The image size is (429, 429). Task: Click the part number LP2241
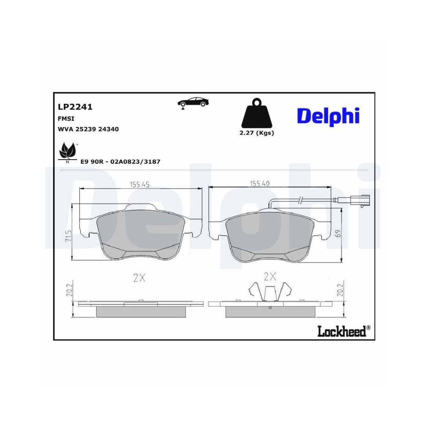coord(75,107)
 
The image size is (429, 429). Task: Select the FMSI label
coord(65,118)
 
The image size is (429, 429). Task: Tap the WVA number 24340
coord(108,129)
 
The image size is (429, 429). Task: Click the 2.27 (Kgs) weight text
coord(257,133)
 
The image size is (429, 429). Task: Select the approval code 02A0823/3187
coord(135,162)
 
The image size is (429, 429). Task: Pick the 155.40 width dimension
coord(260,184)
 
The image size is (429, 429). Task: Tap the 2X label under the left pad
coord(139,278)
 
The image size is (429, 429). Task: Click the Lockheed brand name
coord(341,331)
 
